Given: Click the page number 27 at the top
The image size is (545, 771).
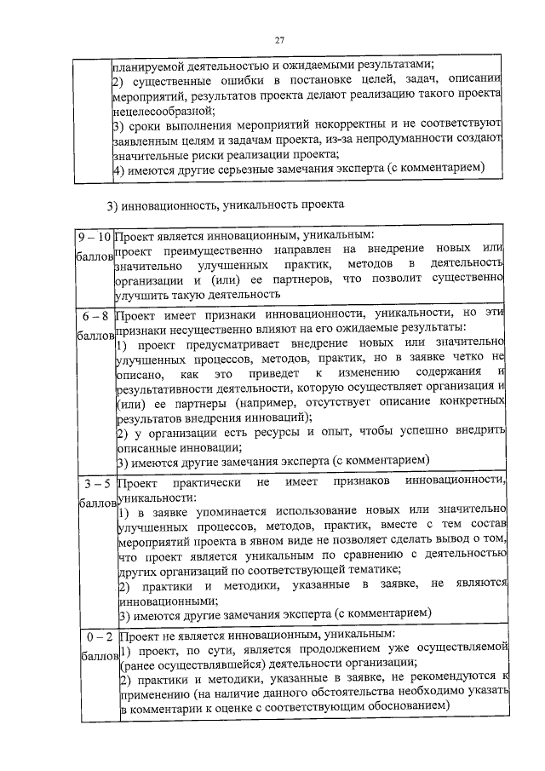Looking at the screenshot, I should click(278, 40).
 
